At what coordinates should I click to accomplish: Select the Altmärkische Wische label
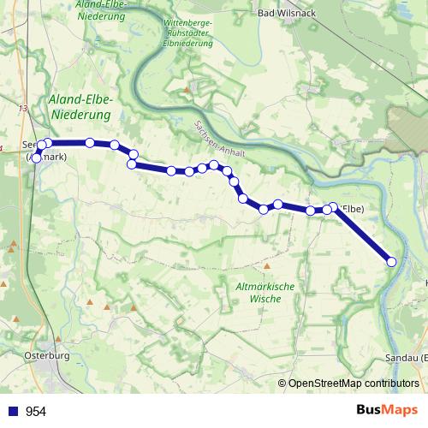point(265,293)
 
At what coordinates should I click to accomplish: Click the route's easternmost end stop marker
point(392,262)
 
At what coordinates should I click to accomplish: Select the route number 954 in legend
point(36,412)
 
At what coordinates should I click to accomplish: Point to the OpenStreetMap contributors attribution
point(353,383)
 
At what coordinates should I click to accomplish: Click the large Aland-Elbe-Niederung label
point(81,106)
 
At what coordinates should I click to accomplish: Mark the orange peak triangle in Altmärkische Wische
point(242,267)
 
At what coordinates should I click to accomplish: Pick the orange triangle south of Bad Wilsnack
point(187,87)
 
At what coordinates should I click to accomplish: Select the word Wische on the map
point(265,300)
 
